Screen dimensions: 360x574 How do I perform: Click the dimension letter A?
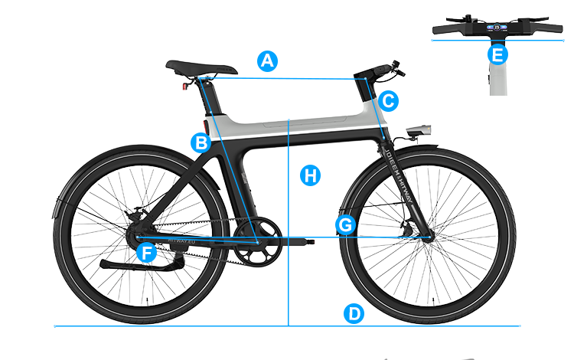tap(266, 61)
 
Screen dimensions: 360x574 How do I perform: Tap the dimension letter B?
tap(202, 142)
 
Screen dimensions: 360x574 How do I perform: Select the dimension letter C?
tap(388, 100)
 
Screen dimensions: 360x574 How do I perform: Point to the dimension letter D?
tap(354, 314)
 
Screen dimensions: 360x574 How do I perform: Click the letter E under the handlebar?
tap(497, 55)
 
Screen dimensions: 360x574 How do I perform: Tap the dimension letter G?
tap(346, 225)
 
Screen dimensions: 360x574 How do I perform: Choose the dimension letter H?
tap(310, 176)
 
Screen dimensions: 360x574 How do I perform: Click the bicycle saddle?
tap(202, 69)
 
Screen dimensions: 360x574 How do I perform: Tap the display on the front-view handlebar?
tap(497, 28)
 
